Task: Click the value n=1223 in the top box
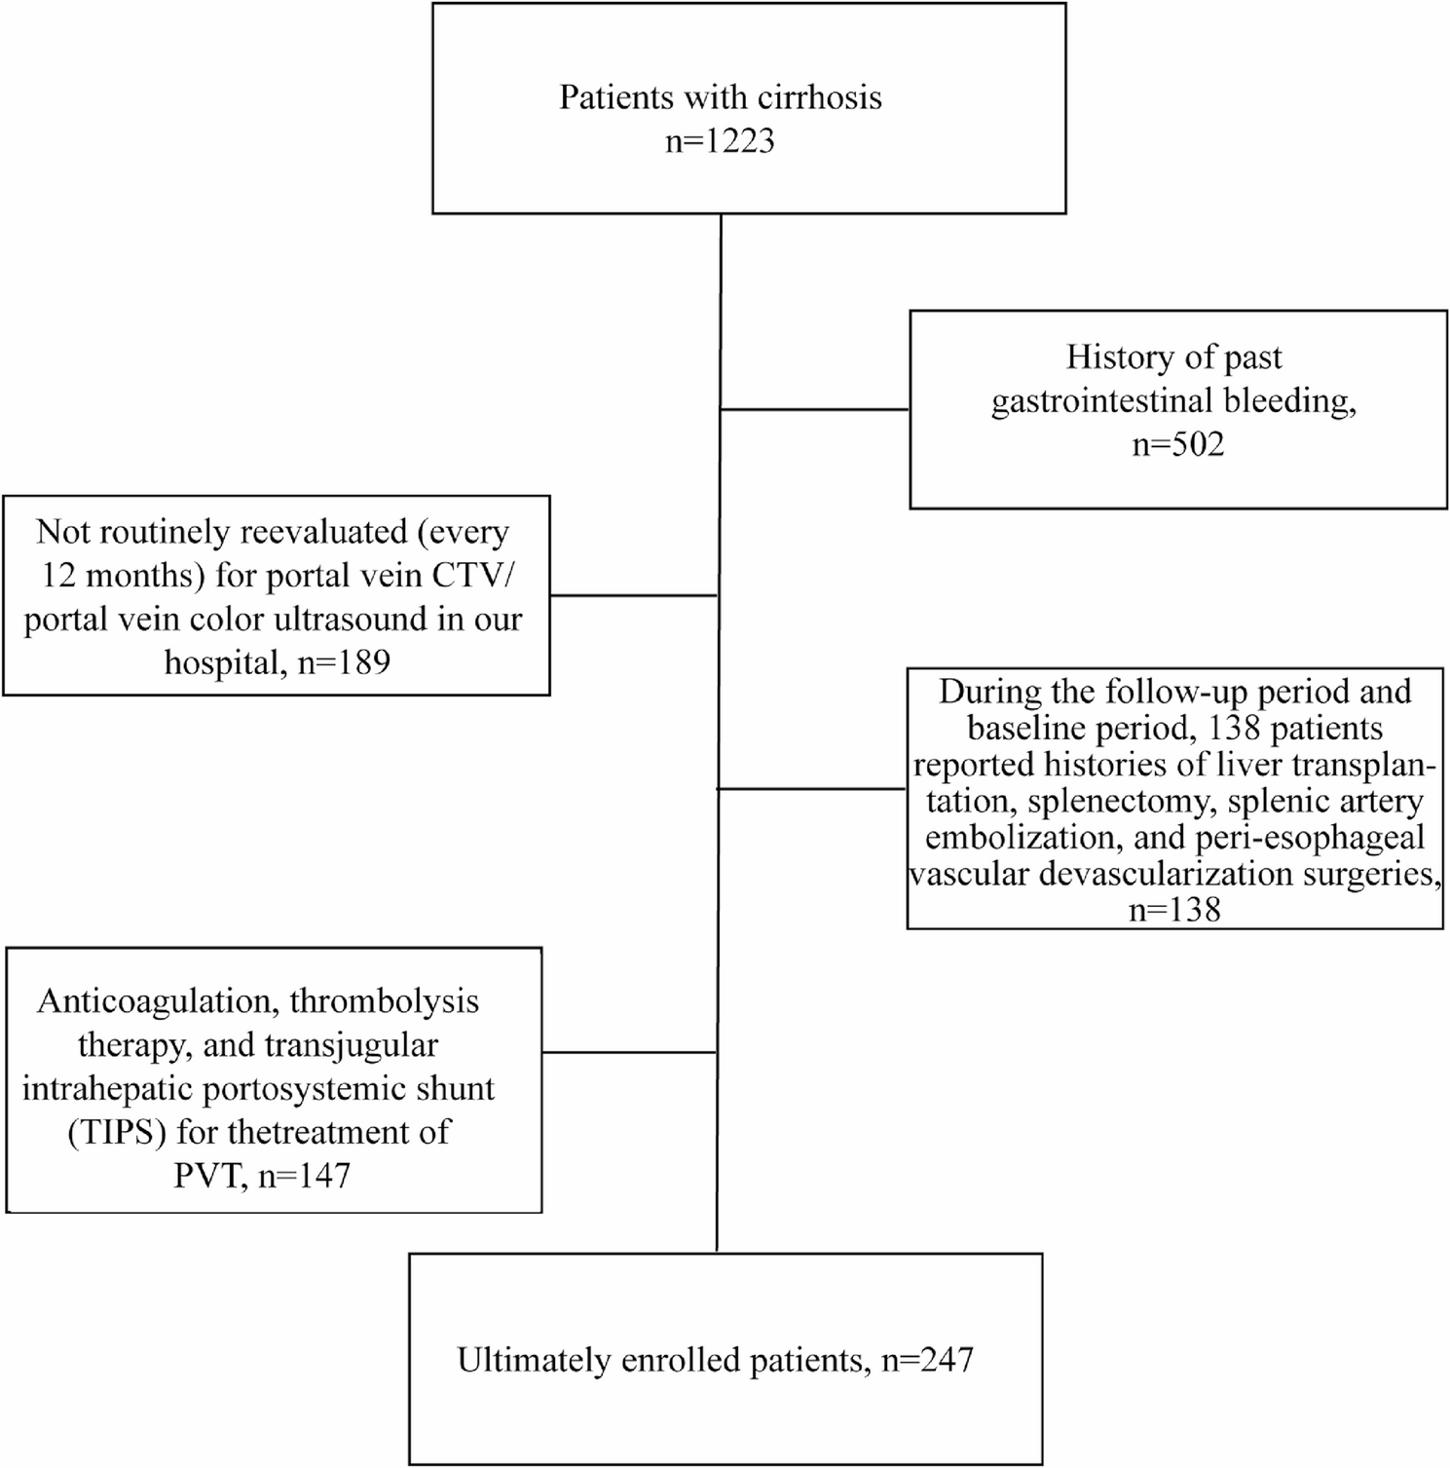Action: point(720,141)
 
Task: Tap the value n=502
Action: point(1177,445)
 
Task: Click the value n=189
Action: point(344,662)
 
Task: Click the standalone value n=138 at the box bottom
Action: point(1174,910)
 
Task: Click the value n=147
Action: point(304,1176)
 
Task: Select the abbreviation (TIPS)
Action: point(118,1133)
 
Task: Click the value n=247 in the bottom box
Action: point(928,1360)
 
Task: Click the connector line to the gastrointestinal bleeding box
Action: point(815,410)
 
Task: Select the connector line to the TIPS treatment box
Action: point(629,1052)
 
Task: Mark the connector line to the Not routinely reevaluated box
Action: point(634,595)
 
